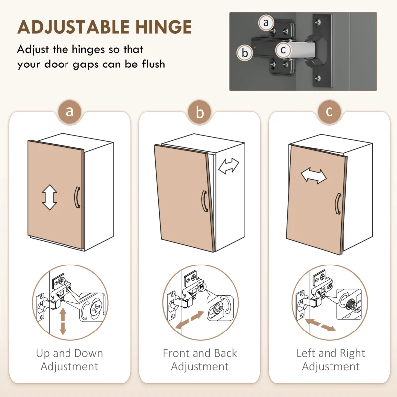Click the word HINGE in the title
163,27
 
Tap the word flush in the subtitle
153,64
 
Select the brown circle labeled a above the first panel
69,111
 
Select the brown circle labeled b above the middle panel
200,112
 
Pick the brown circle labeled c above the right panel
329,111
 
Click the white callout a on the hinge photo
266,22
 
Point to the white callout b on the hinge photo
245,53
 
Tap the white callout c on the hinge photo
283,50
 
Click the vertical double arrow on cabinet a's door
49,197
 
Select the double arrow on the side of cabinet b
229,166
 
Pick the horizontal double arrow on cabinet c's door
314,176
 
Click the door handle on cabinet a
77,198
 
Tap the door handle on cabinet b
204,201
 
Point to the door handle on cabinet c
338,204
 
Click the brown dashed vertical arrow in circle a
63,321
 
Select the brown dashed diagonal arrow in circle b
190,320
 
